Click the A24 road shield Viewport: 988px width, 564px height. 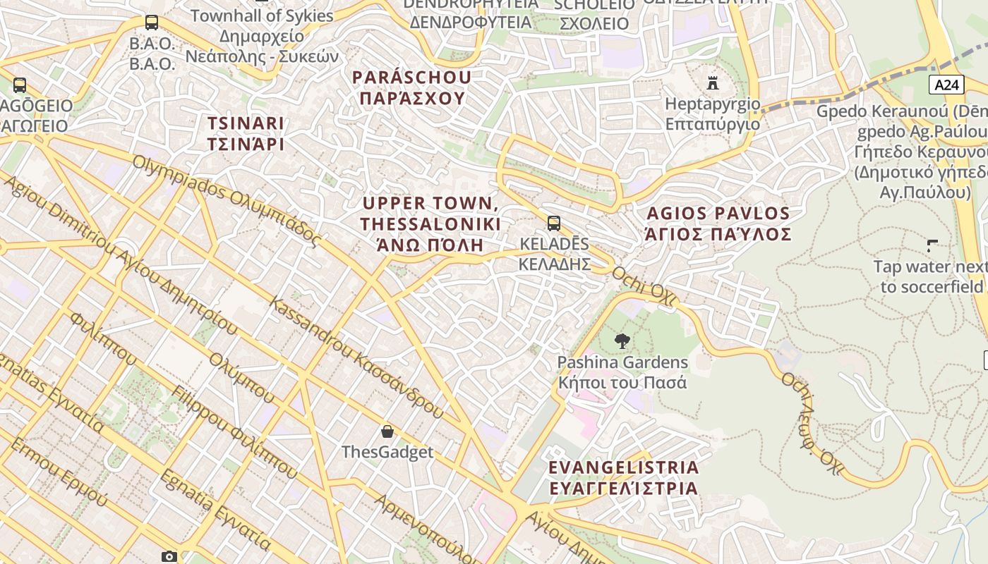[947, 85]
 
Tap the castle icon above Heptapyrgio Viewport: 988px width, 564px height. [713, 83]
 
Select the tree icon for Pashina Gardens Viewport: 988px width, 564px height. [622, 341]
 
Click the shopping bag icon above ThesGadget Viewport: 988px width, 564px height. [387, 431]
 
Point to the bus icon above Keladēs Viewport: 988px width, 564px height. [554, 223]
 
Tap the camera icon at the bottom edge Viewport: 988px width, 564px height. [169, 556]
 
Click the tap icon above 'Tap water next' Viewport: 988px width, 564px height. [932, 246]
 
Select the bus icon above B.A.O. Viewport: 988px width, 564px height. [152, 23]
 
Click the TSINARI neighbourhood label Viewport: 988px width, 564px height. [246, 134]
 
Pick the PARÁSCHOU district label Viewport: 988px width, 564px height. [412, 87]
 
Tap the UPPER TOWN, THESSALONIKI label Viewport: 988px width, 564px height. [430, 223]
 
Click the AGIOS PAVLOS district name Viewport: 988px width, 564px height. [718, 223]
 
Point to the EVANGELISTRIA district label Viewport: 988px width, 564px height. [624, 477]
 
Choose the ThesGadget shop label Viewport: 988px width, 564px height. [387, 452]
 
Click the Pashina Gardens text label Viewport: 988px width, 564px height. [622, 372]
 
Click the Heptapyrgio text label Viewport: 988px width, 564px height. [713, 114]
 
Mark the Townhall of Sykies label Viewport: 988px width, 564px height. [262, 35]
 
